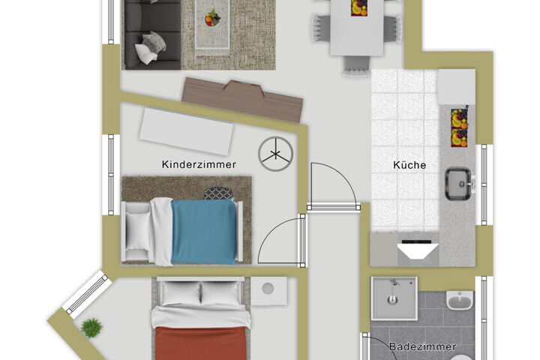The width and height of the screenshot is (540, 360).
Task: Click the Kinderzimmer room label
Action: click(x=199, y=164)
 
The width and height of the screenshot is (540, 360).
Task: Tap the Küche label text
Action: click(x=409, y=165)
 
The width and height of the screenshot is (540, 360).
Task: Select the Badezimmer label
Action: click(x=422, y=346)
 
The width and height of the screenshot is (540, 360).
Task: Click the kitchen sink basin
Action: click(x=458, y=184)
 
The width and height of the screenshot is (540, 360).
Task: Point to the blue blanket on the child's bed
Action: click(x=204, y=232)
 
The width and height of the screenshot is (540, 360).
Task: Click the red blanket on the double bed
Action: click(x=202, y=343)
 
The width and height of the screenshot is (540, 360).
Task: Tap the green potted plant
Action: click(x=91, y=328)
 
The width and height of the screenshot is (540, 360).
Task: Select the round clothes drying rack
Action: click(x=275, y=154)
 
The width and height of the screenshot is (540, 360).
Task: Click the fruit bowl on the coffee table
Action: click(x=212, y=19)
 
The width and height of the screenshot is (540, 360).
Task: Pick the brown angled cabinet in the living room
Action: click(x=242, y=99)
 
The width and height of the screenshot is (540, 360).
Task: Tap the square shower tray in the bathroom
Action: click(x=394, y=298)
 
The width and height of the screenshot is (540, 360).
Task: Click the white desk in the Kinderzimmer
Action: click(x=186, y=131)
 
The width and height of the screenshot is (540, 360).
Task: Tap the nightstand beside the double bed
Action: click(x=269, y=291)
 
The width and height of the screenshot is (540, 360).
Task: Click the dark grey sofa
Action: click(x=152, y=34)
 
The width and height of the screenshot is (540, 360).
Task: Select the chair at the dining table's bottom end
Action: click(x=356, y=65)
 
